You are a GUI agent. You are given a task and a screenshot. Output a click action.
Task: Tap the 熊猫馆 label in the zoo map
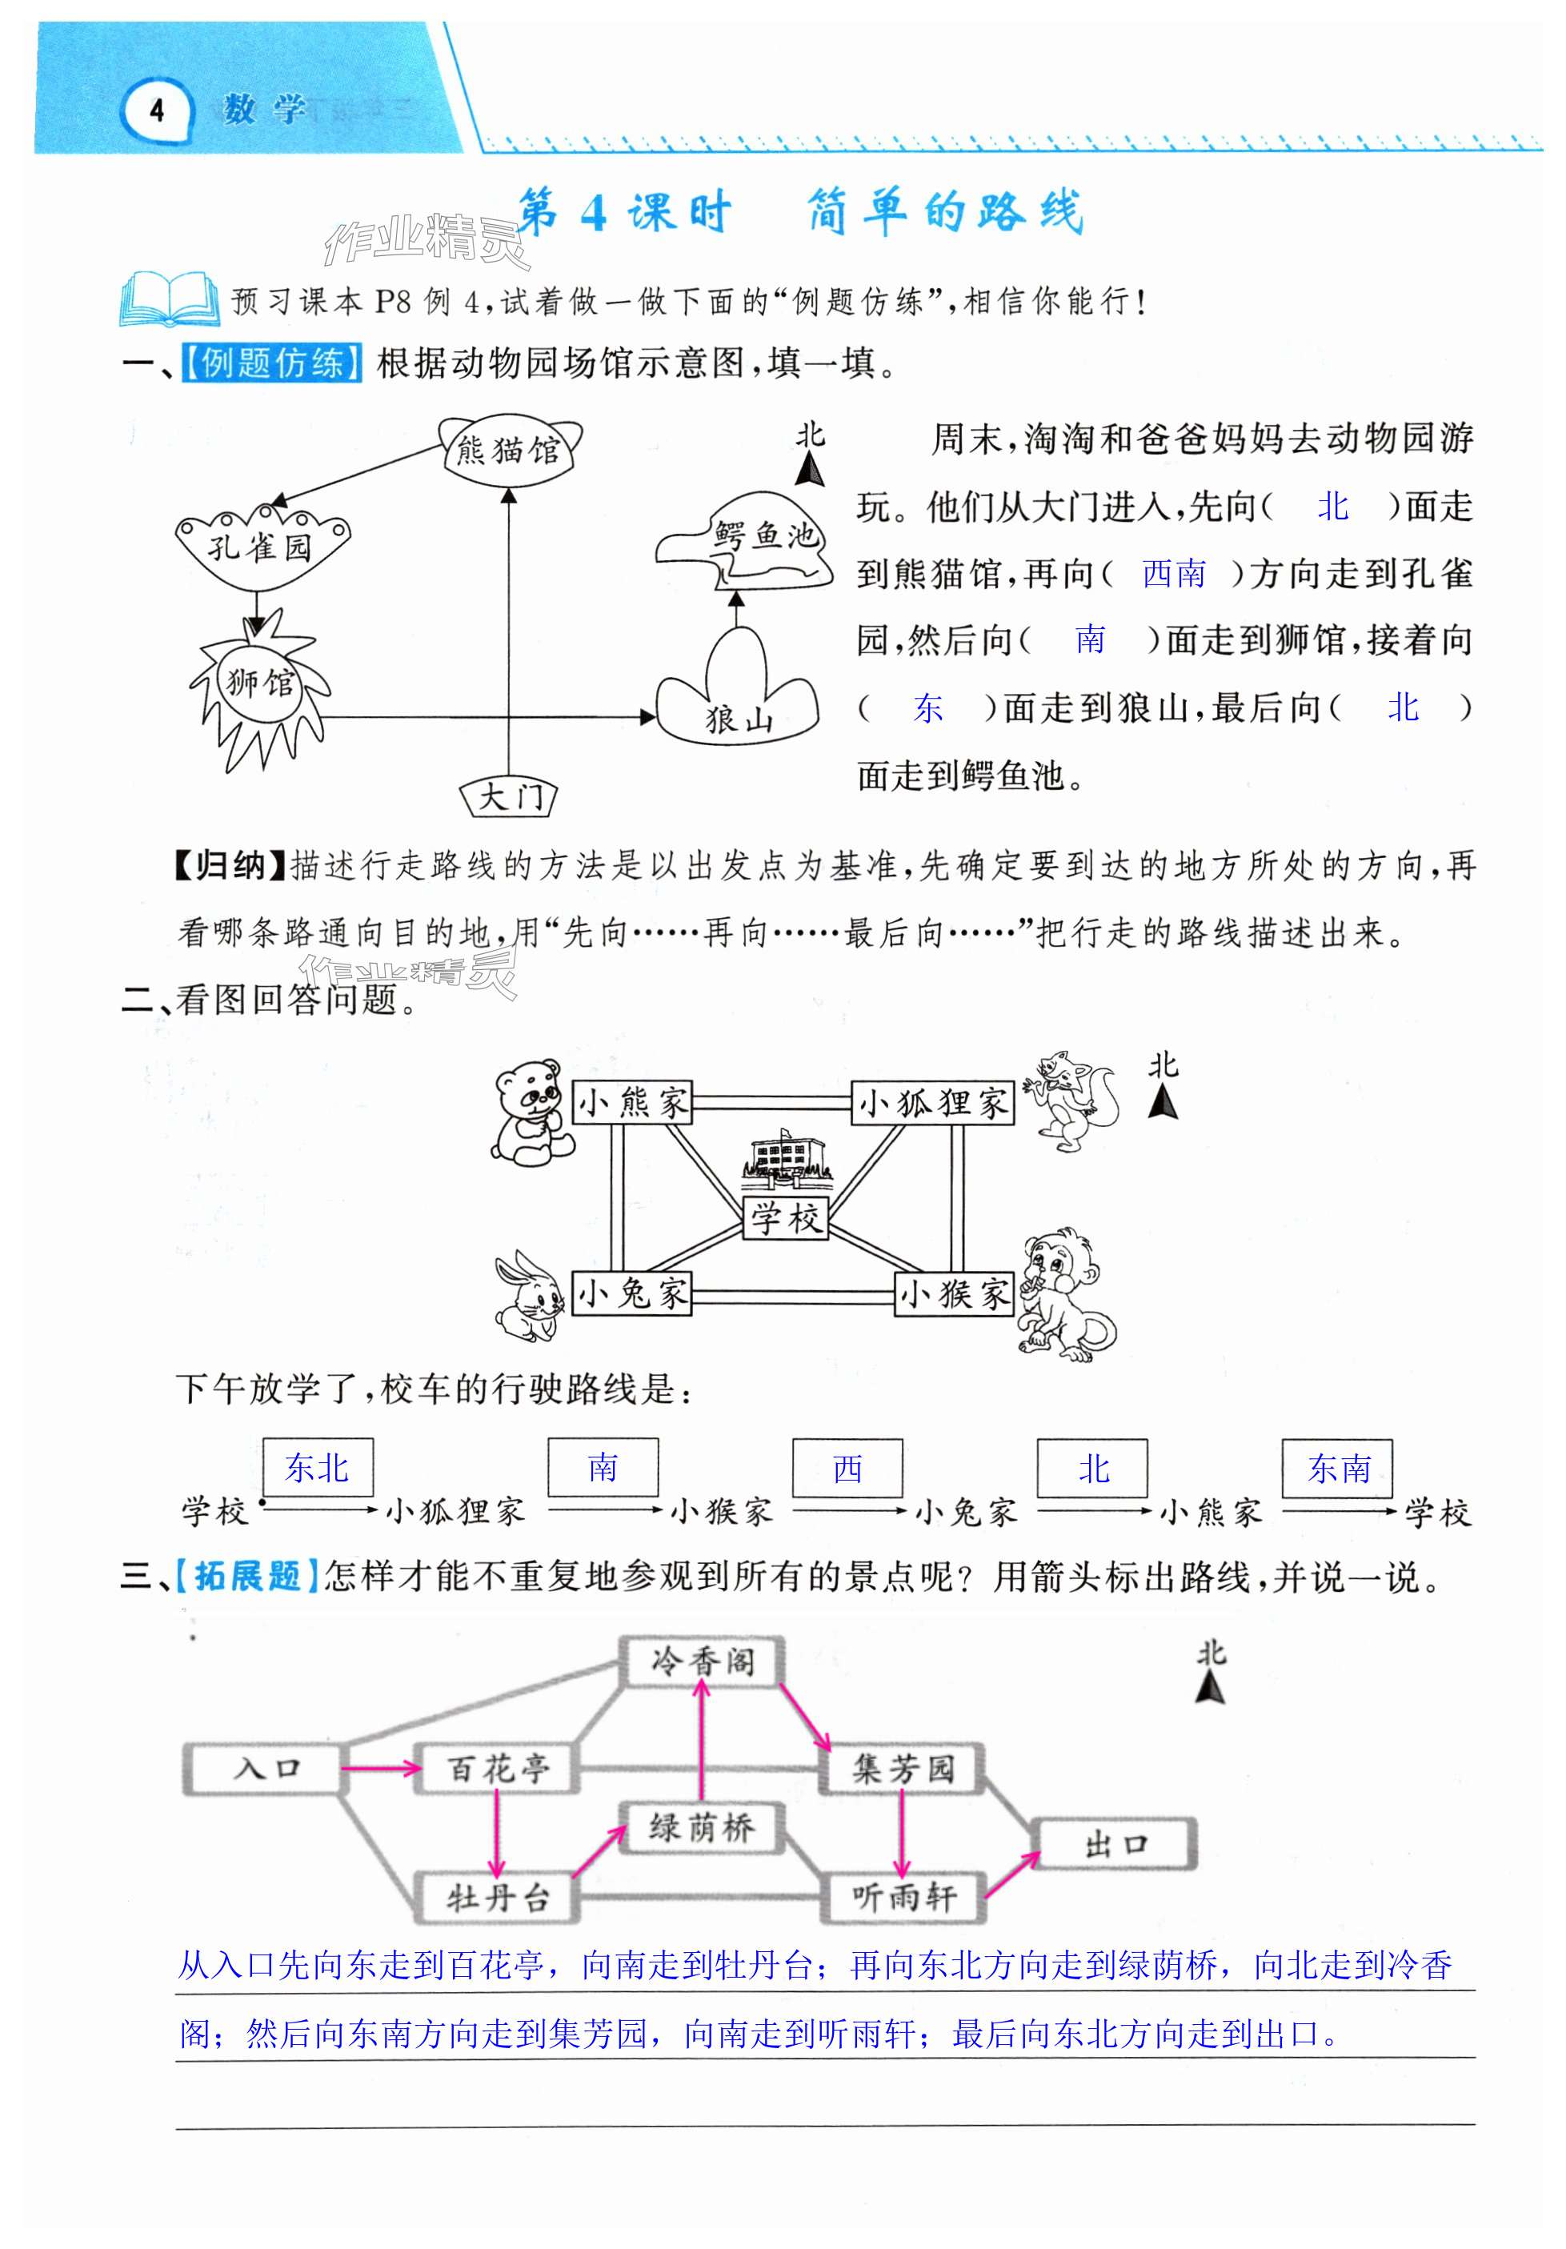508,451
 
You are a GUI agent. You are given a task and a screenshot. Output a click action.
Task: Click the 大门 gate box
509,796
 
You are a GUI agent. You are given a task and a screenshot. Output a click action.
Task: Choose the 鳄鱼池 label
764,535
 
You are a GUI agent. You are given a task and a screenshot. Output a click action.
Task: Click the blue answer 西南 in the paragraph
1173,574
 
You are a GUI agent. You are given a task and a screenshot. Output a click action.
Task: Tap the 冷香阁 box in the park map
703,1662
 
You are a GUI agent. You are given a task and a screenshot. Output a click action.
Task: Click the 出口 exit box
1115,1845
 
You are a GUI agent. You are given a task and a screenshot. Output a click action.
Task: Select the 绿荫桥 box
701,1828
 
